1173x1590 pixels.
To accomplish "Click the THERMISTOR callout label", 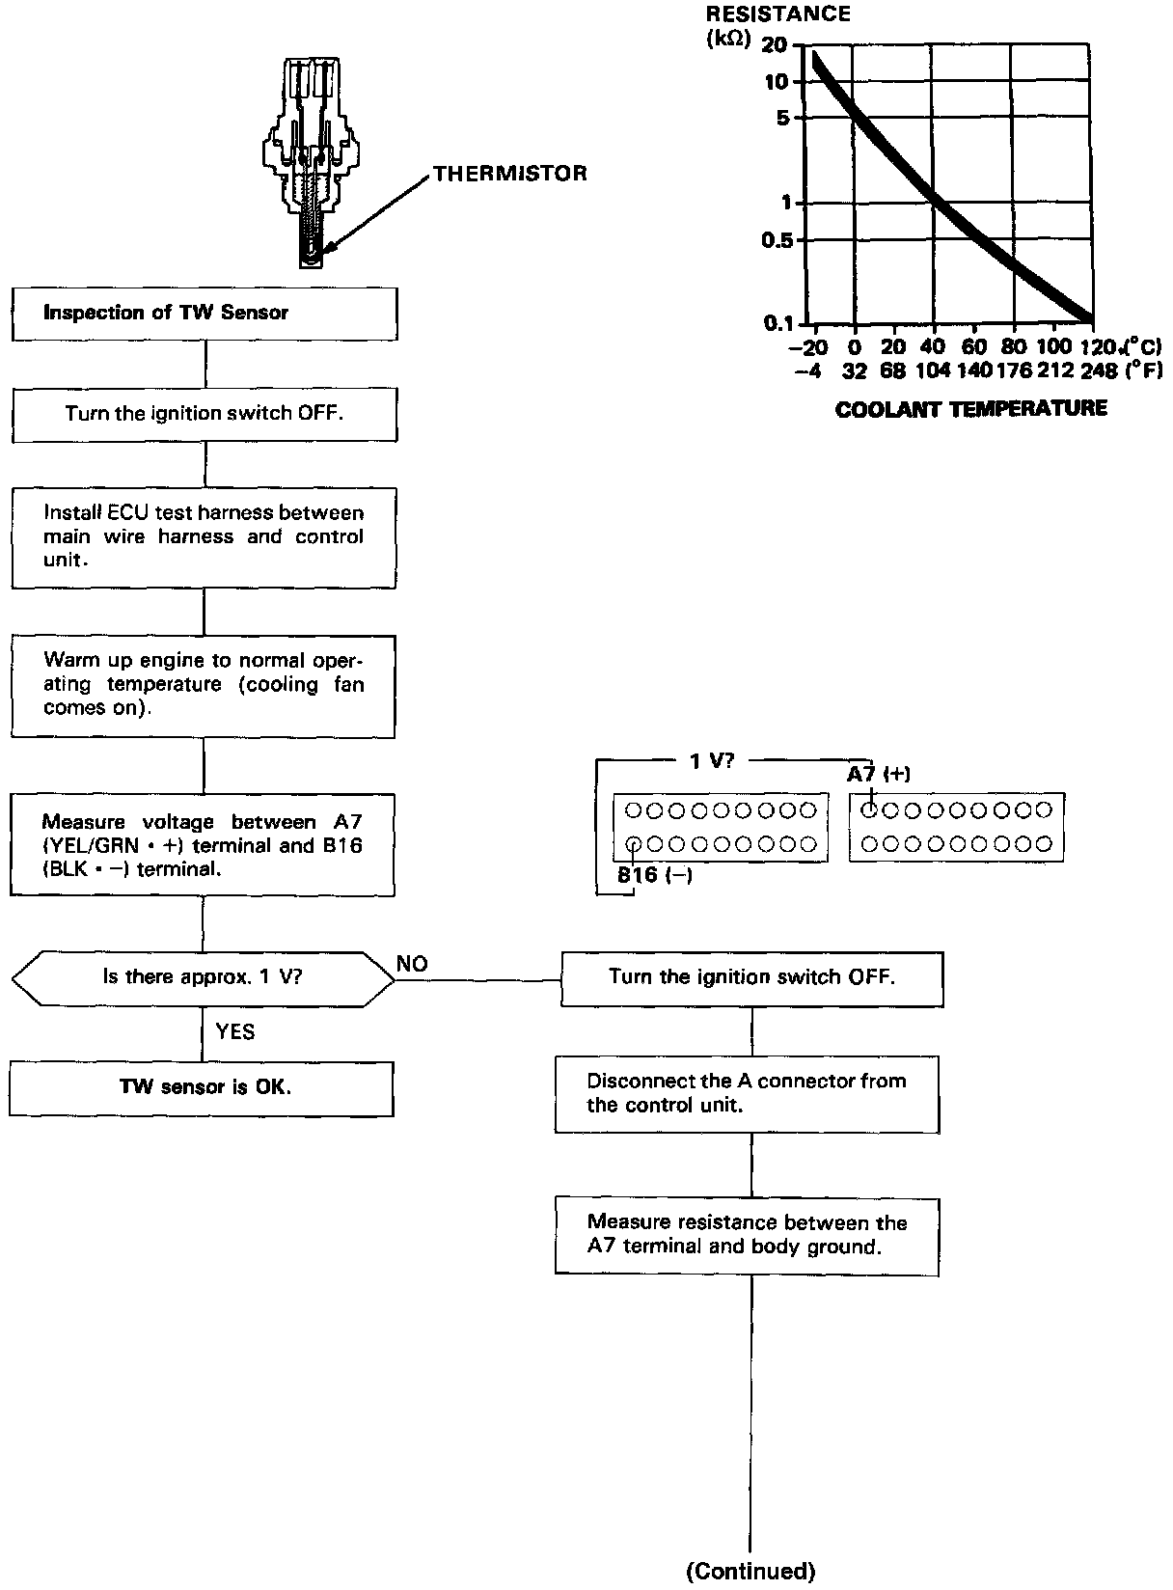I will [509, 174].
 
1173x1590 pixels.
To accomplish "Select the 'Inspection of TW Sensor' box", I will [205, 313].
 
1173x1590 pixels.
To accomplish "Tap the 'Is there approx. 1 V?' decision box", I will [203, 976].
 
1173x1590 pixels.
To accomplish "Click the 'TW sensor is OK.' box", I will [202, 1087].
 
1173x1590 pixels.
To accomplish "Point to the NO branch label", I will [412, 964].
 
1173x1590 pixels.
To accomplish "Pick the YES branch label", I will [235, 1032].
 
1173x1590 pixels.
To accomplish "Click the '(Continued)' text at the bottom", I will [750, 1572].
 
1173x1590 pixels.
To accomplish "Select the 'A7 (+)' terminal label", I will [879, 774].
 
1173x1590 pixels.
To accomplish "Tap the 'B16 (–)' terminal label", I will [655, 876].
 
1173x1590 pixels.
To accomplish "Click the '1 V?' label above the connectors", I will [712, 760].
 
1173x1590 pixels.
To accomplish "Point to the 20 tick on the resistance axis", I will [775, 45].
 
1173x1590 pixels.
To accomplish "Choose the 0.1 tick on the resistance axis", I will [777, 323].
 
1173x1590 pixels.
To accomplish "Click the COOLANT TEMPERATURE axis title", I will [970, 409].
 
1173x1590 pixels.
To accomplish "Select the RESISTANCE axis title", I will [777, 14].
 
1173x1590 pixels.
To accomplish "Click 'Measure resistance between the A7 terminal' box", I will [748, 1235].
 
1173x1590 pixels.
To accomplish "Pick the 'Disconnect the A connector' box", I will [748, 1093].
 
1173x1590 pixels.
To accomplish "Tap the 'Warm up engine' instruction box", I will [204, 684].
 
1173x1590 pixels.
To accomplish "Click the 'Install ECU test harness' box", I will [204, 536].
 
